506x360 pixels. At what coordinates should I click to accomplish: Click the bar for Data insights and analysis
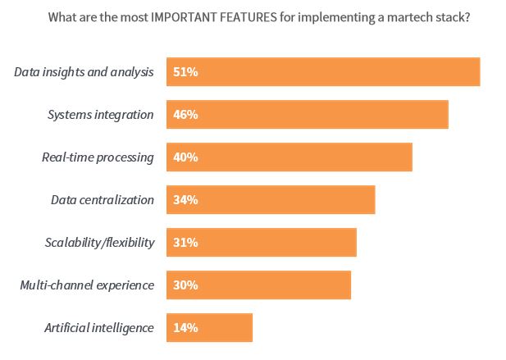[323, 72]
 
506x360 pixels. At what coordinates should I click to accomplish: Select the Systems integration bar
[308, 115]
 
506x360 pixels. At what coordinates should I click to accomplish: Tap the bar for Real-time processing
[289, 157]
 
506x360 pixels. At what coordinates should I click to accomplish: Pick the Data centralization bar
[271, 200]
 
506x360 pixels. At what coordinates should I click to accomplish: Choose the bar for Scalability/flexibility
[262, 243]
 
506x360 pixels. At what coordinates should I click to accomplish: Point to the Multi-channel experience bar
[258, 285]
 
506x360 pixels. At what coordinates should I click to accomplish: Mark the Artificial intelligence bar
[210, 328]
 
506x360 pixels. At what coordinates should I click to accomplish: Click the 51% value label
[185, 72]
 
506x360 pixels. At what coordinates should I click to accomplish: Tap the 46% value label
[185, 115]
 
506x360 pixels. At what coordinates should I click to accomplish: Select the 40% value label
[185, 157]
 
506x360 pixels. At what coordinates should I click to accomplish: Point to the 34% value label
[185, 200]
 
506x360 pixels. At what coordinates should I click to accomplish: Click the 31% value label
[185, 243]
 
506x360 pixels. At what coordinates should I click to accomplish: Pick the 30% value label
[185, 285]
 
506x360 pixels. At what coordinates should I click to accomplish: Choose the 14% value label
[185, 328]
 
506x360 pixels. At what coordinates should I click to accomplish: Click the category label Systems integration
[100, 115]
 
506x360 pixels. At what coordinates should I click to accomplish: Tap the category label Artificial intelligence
[98, 328]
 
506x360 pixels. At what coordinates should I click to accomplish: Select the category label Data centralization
[103, 200]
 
